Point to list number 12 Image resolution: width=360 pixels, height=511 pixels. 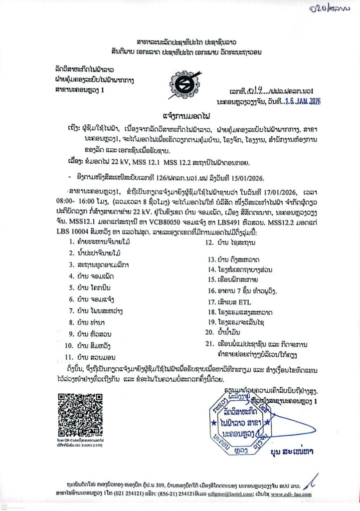(209, 243)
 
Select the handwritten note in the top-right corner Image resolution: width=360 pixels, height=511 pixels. (330, 8)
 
